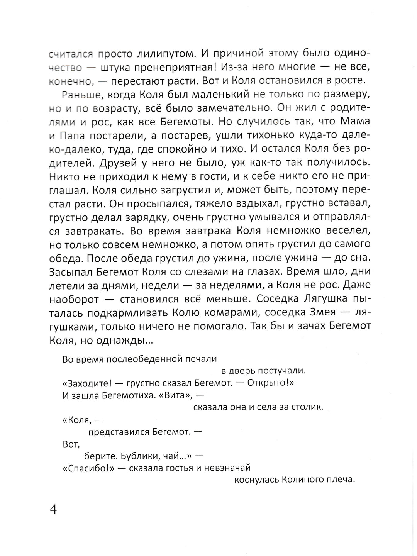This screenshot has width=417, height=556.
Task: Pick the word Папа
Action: [x=71, y=135]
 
